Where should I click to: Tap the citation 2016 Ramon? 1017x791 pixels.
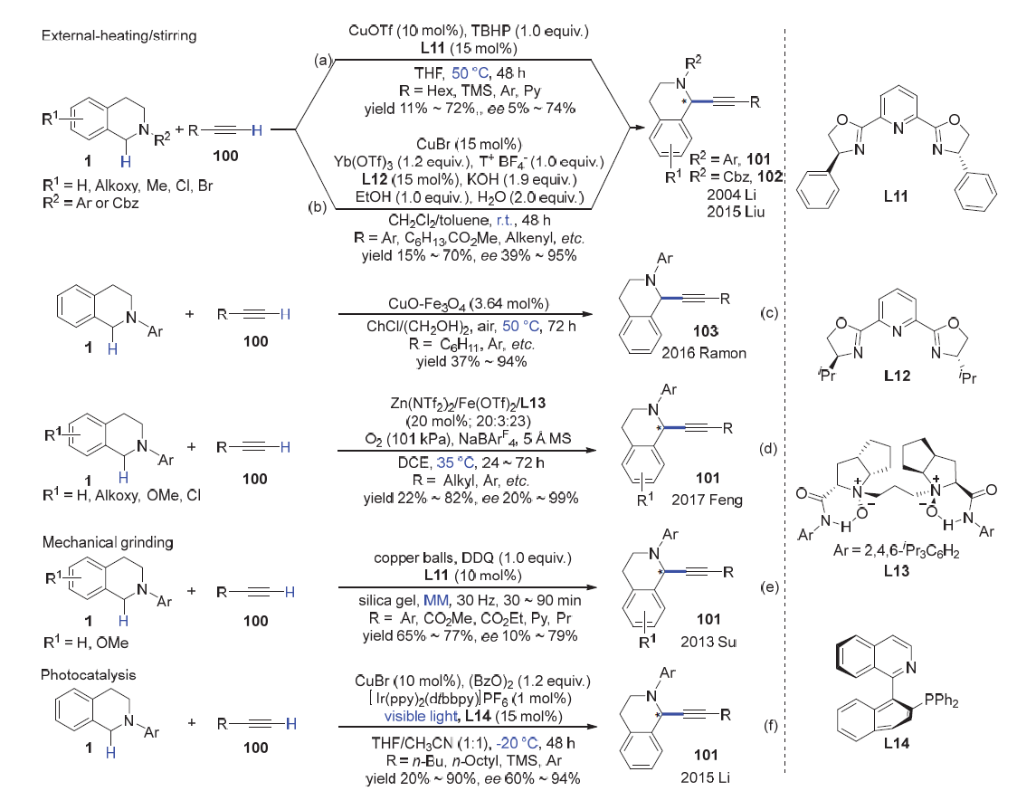coord(710,352)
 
